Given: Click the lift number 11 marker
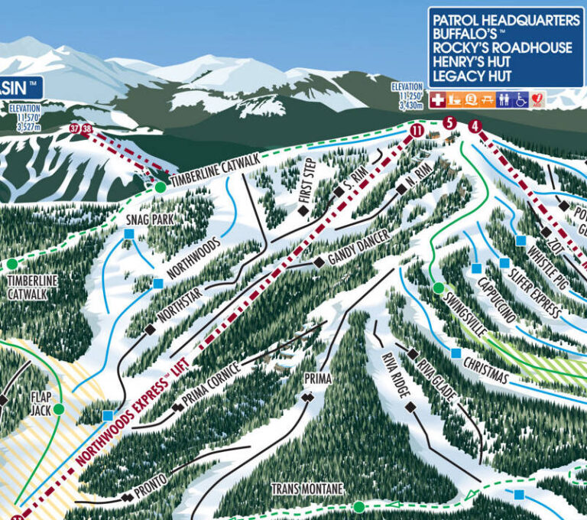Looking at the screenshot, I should point(417,131).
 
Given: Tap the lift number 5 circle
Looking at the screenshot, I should point(449,122).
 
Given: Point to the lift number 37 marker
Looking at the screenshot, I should point(74,128).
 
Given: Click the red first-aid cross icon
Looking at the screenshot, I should point(438,99).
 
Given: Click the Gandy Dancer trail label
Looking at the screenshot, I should point(358,250).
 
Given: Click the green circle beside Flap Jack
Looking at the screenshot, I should point(59,409).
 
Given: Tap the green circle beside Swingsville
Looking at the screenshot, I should point(439,288).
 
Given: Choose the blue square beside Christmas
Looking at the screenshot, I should point(456,353).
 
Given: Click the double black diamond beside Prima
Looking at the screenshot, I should point(308,398).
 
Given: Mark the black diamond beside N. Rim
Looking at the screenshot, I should point(401,189).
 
